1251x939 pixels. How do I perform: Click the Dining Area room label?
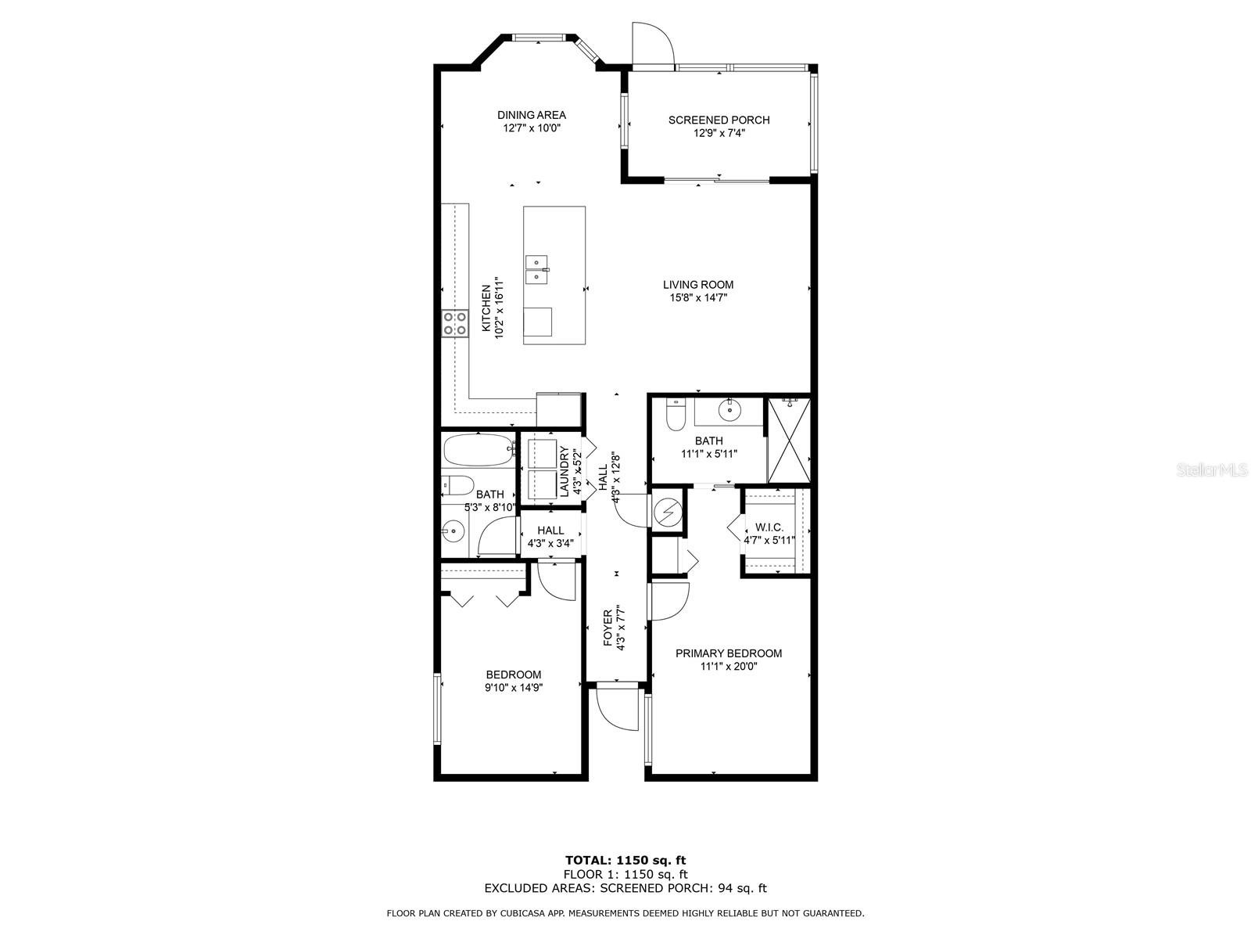click(x=531, y=115)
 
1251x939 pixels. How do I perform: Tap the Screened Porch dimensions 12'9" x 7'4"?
click(x=719, y=133)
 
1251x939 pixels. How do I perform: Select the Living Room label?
click(x=698, y=285)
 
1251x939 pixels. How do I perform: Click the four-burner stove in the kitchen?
click(x=455, y=324)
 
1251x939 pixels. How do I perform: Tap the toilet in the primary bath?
click(x=675, y=416)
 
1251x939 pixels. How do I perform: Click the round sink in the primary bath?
click(x=729, y=409)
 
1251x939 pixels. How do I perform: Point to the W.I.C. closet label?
click(x=769, y=527)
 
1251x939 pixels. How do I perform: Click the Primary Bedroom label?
click(x=729, y=653)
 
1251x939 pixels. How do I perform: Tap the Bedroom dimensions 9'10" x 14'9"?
click(x=513, y=688)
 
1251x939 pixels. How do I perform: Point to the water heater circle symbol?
click(x=667, y=512)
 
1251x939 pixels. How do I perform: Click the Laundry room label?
click(x=565, y=472)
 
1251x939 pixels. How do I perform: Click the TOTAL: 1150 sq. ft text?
click(x=625, y=860)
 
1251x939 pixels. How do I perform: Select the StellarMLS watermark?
click(x=1211, y=469)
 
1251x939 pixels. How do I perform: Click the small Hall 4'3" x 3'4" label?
click(x=550, y=537)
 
